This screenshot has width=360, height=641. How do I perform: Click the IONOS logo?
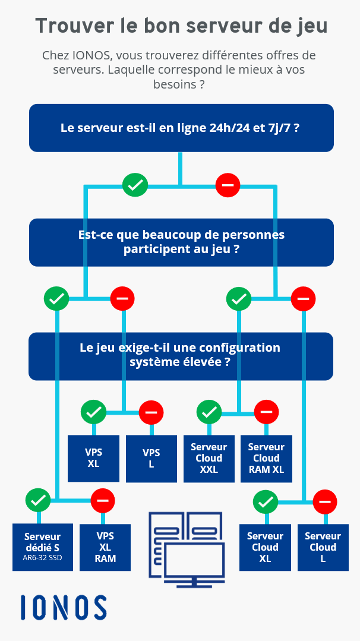click(64, 607)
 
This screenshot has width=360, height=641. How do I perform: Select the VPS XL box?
click(94, 458)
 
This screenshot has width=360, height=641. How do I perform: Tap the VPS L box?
click(151, 458)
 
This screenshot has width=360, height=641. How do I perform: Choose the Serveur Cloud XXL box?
click(209, 458)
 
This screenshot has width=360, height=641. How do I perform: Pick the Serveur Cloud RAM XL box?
click(266, 458)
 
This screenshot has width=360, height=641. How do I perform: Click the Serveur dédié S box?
click(43, 547)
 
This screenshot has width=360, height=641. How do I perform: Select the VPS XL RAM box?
click(105, 547)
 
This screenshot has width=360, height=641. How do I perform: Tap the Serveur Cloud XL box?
click(265, 547)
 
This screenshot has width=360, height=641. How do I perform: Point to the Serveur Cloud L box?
click(323, 547)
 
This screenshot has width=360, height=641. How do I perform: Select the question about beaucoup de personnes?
click(181, 242)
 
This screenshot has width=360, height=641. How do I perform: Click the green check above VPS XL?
click(94, 412)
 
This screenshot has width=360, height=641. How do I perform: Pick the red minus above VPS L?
click(151, 412)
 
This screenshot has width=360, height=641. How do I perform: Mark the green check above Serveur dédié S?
click(38, 500)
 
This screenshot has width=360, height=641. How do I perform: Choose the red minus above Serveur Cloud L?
click(325, 501)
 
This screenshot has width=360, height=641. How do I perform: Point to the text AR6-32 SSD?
click(43, 558)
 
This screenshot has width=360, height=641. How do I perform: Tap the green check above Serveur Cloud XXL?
click(209, 412)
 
